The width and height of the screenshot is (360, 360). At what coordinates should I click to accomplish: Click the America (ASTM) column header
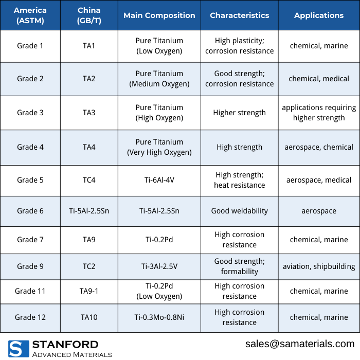tap(30, 15)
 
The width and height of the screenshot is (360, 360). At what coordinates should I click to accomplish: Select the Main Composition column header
tap(159, 15)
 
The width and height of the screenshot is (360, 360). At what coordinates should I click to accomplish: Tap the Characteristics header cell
tap(239, 15)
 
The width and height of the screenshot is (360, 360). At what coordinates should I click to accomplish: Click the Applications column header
tap(319, 15)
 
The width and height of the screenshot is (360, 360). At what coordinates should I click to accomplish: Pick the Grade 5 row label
tap(30, 180)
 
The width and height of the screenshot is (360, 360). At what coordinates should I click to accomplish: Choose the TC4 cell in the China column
tap(89, 180)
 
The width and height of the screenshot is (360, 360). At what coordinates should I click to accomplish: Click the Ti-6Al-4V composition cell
tap(159, 180)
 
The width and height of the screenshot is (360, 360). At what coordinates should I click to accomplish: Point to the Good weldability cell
tap(239, 211)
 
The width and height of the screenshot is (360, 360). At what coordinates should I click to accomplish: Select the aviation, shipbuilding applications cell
tap(319, 266)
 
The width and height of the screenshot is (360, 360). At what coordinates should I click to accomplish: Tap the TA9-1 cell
tap(89, 291)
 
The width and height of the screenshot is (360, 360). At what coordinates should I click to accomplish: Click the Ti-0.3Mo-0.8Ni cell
tap(159, 317)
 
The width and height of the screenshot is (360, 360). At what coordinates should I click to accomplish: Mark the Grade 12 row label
tap(30, 317)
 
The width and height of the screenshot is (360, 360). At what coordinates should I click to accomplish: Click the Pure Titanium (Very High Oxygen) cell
tap(159, 147)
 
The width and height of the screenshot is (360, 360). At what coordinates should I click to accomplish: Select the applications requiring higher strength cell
tap(319, 113)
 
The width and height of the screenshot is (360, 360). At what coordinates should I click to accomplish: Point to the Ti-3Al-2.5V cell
tap(159, 266)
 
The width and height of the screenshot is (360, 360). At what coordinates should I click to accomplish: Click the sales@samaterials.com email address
tap(300, 344)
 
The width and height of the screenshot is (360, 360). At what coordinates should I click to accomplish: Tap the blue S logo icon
tap(17, 349)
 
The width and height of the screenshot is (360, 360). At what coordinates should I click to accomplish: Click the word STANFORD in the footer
tap(65, 345)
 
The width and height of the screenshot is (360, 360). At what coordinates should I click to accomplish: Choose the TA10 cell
tap(89, 317)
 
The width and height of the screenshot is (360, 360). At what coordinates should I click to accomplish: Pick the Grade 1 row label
tap(30, 46)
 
